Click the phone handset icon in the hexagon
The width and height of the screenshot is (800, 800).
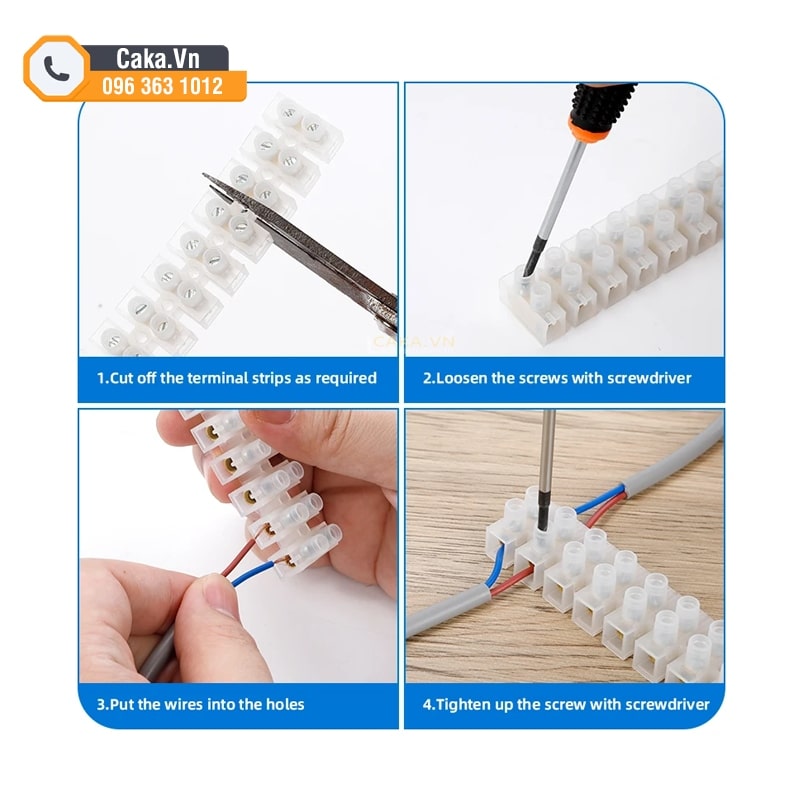(x=56, y=68)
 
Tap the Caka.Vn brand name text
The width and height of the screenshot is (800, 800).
(x=158, y=59)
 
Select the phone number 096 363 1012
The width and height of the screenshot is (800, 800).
(x=162, y=86)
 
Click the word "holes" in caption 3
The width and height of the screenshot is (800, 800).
(x=285, y=705)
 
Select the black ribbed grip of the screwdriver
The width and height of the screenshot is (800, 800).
(x=603, y=105)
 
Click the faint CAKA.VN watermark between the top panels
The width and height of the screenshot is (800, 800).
(x=413, y=341)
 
